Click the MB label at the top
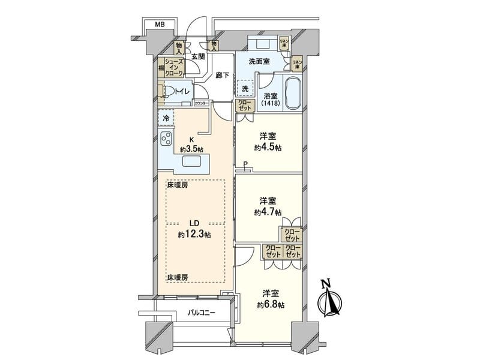tap(159, 25)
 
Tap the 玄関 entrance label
tap(199, 56)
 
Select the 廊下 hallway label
tap(222, 76)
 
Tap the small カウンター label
tap(202, 104)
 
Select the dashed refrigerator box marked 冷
tap(166, 118)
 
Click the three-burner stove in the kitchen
tap(166, 139)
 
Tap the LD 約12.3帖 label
tap(194, 229)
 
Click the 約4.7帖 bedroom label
tap(267, 206)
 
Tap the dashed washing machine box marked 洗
tap(245, 89)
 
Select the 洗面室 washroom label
tap(262, 61)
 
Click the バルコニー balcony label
tap(201, 313)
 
